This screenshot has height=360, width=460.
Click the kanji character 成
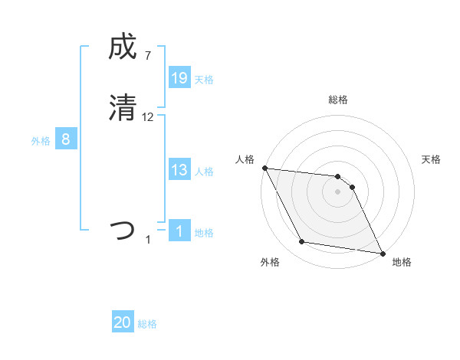coord(123,47)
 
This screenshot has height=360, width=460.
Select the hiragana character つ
coord(123,231)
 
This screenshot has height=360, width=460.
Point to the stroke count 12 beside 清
coord(148,116)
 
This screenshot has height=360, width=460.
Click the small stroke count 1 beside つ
coord(148,240)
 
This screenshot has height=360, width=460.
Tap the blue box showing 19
coord(179,78)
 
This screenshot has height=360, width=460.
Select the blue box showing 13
coord(179,170)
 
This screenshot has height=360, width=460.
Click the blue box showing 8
coord(66,139)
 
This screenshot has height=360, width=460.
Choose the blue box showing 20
coord(123,322)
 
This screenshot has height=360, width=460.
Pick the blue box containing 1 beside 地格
coord(179,231)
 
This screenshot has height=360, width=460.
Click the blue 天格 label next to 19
coord(204,80)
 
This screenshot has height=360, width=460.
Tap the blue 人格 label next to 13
coord(204,172)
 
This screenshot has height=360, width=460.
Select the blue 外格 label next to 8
coord(41,141)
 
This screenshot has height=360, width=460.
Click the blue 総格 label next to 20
coord(147,324)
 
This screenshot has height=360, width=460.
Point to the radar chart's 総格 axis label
coord(338,100)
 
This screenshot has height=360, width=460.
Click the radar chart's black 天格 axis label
coord(432,159)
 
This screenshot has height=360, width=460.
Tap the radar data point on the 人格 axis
coord(264,168)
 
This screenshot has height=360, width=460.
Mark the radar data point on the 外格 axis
coord(301,243)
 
